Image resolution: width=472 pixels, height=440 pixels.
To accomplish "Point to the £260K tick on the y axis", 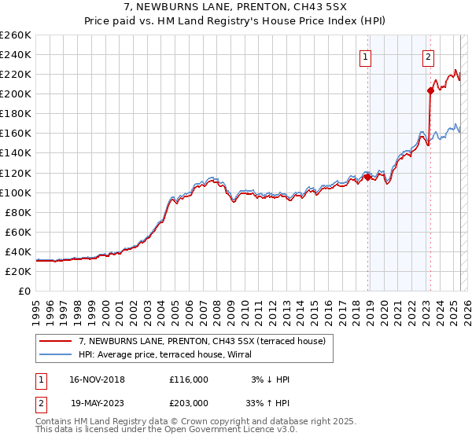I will tap(16, 35).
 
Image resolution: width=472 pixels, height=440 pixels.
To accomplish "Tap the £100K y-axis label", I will tap(16, 192).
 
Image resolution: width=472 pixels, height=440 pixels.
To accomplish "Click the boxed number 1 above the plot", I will tap(367, 56).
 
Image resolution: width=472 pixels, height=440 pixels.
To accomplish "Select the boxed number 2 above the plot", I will tap(429, 56).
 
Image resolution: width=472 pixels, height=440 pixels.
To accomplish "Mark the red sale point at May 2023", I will tap(430, 90).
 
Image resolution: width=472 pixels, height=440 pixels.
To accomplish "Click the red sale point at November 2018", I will tap(367, 177).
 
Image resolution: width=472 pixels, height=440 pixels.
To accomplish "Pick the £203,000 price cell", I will tap(189, 401).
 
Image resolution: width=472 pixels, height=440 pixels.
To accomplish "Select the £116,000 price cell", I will tap(189, 379).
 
